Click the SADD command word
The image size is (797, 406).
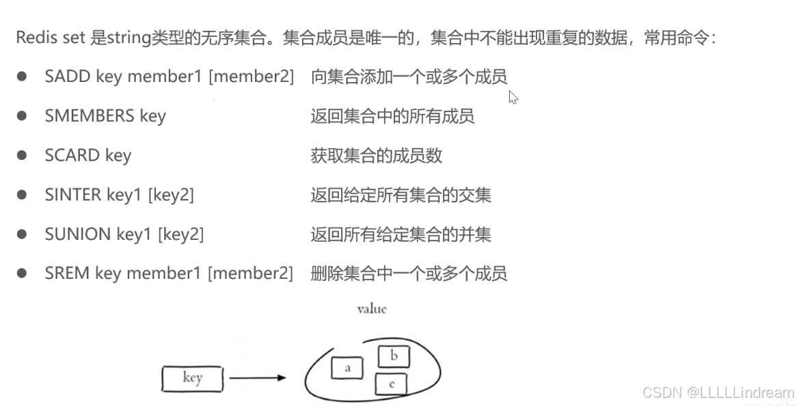68,77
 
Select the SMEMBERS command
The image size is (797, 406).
90,116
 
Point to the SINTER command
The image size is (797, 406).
73,195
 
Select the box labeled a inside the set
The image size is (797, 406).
347,368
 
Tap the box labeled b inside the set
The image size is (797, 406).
394,356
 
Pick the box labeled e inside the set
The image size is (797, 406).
392,384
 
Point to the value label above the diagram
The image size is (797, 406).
372,309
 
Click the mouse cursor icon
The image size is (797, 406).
513,97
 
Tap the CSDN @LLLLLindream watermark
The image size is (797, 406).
718,392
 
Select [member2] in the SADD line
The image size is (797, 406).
251,77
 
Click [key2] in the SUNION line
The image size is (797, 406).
181,234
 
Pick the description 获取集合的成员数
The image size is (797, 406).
377,155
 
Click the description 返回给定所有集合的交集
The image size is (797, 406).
401,195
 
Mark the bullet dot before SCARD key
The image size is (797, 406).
23,155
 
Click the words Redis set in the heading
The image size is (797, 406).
51,37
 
